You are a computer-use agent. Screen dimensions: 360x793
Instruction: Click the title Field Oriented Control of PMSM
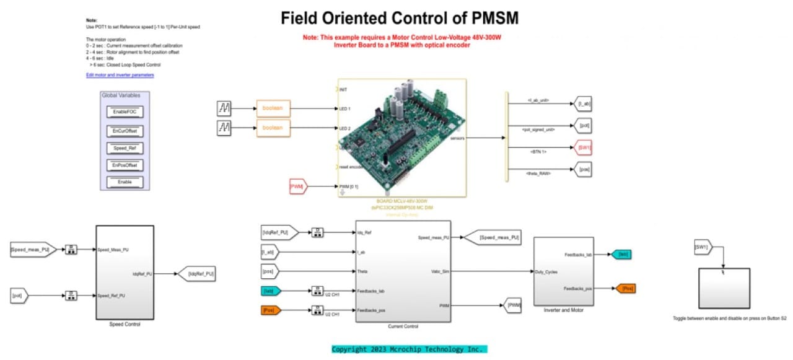point(400,18)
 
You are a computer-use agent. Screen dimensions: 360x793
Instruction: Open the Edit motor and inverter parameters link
point(120,75)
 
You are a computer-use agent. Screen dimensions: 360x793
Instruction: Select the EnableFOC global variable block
point(125,112)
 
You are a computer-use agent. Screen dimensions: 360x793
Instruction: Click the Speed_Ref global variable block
point(125,148)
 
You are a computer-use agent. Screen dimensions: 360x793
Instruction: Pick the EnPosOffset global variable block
point(125,165)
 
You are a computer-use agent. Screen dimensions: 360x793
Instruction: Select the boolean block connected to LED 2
point(273,128)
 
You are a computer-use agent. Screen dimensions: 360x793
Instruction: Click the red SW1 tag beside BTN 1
point(583,148)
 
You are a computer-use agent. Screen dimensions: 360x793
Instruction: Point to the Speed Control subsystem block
point(125,271)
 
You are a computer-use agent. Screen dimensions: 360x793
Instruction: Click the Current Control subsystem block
point(402,271)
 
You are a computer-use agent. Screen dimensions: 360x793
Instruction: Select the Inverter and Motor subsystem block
point(563,271)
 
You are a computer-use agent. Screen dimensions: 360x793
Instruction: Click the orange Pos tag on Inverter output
point(624,288)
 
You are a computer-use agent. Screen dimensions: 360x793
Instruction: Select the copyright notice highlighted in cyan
point(410,349)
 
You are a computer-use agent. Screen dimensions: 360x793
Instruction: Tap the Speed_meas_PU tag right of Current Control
point(493,237)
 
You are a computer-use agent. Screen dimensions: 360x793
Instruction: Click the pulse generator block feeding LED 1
point(224,109)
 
